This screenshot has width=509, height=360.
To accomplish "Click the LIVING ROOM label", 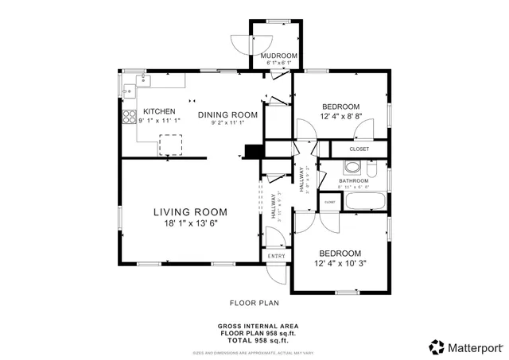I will [190, 212].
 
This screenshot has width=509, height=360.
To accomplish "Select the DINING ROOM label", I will [227, 114].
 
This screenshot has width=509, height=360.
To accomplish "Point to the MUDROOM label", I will [279, 56].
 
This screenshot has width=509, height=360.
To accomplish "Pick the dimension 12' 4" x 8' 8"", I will [340, 117].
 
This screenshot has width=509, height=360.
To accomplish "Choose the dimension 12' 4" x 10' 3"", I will [340, 263].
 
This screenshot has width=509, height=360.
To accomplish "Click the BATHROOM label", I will [353, 180].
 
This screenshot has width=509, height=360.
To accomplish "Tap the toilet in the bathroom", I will [371, 168].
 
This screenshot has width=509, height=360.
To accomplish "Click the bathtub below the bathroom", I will [367, 201].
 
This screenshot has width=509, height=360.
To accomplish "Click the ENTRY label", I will [275, 256].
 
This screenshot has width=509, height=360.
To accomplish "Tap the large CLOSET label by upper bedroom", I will [359, 149].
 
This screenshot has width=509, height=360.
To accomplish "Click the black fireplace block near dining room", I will [254, 151].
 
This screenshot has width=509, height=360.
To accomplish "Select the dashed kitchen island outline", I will [170, 144].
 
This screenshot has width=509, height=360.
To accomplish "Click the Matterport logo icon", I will [437, 346].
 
